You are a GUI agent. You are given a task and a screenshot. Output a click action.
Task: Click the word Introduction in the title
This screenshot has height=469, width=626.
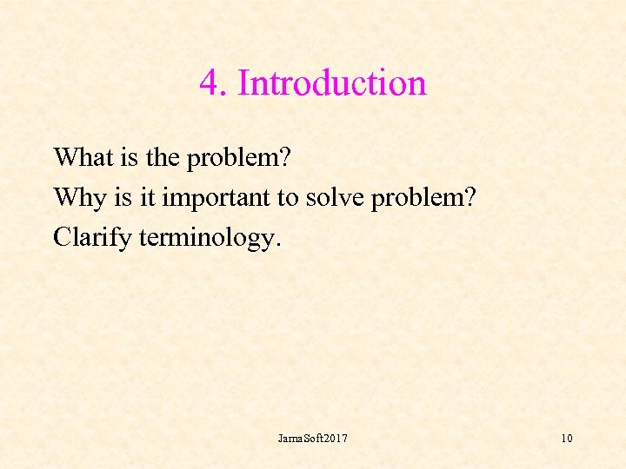tap(331, 83)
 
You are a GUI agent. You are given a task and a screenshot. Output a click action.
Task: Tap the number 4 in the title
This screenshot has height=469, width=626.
tap(208, 83)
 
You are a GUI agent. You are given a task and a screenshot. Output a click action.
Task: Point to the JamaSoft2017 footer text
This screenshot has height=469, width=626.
tap(312, 439)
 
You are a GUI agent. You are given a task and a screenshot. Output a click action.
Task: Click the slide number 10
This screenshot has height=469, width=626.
tap(566, 439)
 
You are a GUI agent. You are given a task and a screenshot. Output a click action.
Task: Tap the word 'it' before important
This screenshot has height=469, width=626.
tap(145, 197)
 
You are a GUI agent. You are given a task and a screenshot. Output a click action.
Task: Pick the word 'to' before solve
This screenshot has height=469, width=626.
tap(289, 197)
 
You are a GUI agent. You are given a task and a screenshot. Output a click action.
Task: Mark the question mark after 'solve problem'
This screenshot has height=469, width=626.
tap(469, 197)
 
